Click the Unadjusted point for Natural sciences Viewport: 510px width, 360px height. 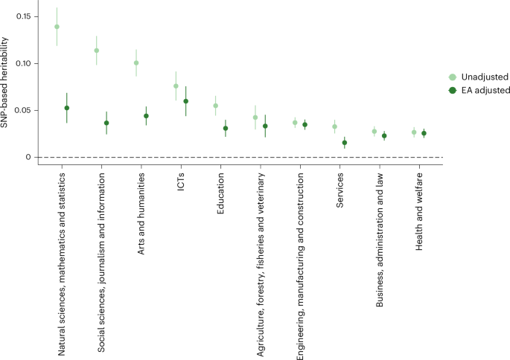click(x=57, y=27)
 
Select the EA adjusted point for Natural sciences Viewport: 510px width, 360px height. click(x=67, y=108)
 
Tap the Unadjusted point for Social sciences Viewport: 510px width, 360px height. click(x=97, y=51)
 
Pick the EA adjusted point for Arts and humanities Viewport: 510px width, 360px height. click(x=146, y=116)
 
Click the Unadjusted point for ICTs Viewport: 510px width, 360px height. click(x=176, y=86)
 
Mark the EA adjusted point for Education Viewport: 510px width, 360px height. click(x=226, y=128)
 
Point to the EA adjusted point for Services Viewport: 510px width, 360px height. click(x=345, y=143)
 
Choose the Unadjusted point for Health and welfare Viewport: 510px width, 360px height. click(x=414, y=132)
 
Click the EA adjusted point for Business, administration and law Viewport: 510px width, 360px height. click(x=384, y=136)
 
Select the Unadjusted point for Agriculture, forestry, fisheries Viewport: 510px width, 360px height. click(x=255, y=118)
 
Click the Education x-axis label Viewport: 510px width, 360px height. click(x=220, y=194)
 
